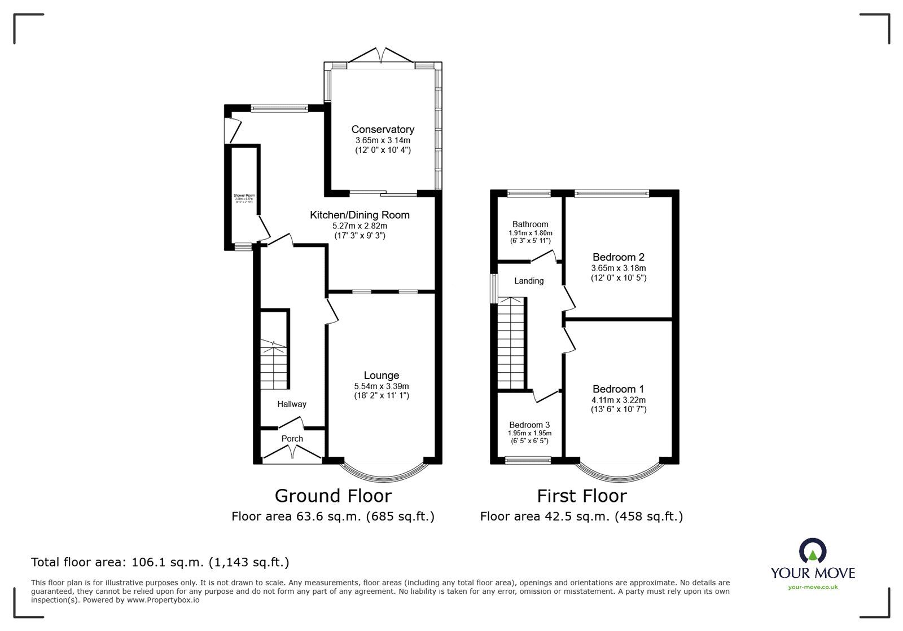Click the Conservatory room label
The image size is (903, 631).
pyautogui.click(x=383, y=130)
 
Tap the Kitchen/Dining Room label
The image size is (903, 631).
pyautogui.click(x=360, y=215)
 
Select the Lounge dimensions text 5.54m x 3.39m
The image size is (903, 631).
pyautogui.click(x=382, y=386)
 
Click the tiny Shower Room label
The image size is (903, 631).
pyautogui.click(x=244, y=196)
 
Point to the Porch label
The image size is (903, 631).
pyautogui.click(x=292, y=439)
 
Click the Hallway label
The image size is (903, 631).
pyautogui.click(x=292, y=404)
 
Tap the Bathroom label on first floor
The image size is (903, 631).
pyautogui.click(x=530, y=224)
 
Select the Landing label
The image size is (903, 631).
pyautogui.click(x=529, y=281)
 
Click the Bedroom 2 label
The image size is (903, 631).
pyautogui.click(x=618, y=257)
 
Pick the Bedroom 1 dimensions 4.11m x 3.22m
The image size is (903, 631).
pyautogui.click(x=618, y=400)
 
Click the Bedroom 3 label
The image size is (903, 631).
pyautogui.click(x=529, y=425)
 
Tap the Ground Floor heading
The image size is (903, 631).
pyautogui.click(x=333, y=496)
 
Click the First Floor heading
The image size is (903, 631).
pyautogui.click(x=581, y=496)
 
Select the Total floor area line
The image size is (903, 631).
pyautogui.click(x=160, y=562)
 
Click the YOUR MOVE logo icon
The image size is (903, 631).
pyautogui.click(x=813, y=551)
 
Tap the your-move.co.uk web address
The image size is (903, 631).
pyautogui.click(x=813, y=588)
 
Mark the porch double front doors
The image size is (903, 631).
pyautogui.click(x=292, y=453)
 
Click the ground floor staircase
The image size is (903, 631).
pyautogui.click(x=274, y=364)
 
